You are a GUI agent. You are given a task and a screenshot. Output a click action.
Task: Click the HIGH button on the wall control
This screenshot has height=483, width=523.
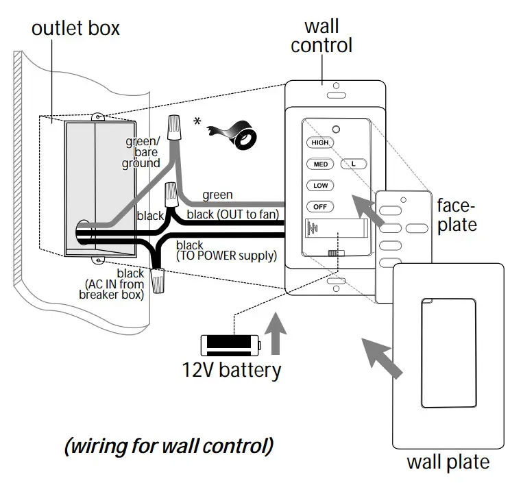tap(320, 143)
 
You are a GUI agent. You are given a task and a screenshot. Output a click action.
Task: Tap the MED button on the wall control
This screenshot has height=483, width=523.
tap(320, 164)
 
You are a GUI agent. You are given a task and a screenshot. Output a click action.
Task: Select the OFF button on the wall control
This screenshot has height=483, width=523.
tap(320, 207)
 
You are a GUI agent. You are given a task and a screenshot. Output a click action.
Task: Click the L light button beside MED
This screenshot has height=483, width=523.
tap(354, 164)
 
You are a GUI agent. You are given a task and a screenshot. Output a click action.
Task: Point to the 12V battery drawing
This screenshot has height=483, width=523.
tap(230, 345)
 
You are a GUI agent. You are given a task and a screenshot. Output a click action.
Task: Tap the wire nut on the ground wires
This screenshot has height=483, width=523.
tap(174, 127)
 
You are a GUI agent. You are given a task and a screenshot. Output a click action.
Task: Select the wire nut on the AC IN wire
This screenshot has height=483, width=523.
tap(157, 281)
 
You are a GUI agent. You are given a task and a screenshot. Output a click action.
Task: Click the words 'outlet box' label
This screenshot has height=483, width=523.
tap(75, 28)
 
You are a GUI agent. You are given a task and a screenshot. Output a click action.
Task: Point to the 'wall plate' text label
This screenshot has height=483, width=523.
tap(448, 462)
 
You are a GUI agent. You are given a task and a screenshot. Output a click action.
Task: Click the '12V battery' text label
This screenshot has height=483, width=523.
tap(232, 371)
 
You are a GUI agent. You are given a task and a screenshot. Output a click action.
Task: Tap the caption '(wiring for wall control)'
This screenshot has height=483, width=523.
tap(169, 446)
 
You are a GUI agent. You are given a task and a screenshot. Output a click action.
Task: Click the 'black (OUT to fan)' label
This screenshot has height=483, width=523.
tap(233, 214)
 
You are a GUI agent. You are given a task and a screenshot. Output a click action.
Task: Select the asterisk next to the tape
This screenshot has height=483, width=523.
tap(197, 121)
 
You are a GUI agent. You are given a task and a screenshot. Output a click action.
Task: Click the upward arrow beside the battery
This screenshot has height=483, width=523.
tap(276, 334)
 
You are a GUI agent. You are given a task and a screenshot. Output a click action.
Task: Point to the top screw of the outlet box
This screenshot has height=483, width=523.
tap(97, 117)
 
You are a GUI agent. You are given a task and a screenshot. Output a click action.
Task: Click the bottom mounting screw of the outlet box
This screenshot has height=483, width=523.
tap(97, 260)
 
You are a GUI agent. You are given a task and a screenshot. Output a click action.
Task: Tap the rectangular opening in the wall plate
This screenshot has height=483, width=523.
tap(448, 353)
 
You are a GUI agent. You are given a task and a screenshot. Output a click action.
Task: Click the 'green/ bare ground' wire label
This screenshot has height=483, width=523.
tap(141, 152)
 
